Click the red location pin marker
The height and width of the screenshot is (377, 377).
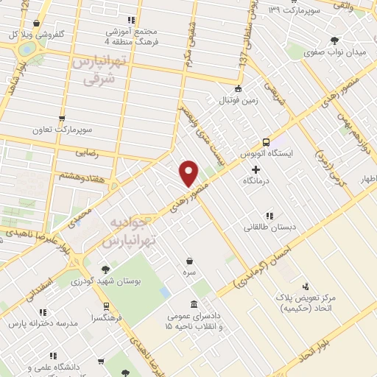(189, 172)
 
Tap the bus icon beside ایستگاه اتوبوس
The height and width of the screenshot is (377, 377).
(266, 142)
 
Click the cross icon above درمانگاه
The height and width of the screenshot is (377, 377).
(256, 169)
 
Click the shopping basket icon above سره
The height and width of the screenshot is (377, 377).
(190, 260)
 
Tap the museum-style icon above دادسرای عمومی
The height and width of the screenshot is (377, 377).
(194, 305)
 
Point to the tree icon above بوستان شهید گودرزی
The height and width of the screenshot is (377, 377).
(106, 269)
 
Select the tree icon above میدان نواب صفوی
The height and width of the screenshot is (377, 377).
(335, 40)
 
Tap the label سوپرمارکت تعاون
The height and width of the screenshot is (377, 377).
(62, 129)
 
